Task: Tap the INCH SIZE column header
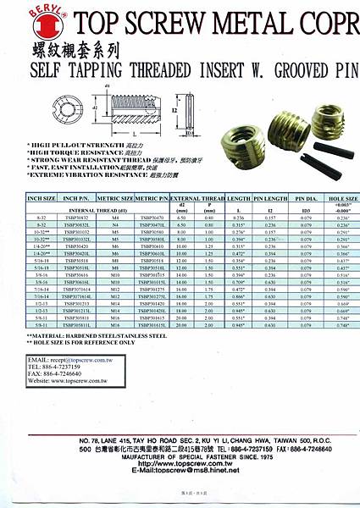(x=41, y=197)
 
